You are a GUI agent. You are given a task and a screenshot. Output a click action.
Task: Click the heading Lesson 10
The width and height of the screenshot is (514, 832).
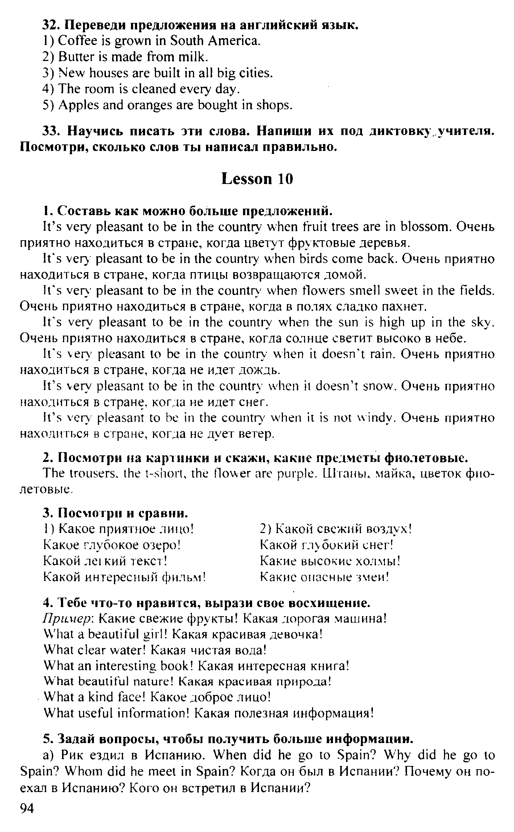(x=257, y=179)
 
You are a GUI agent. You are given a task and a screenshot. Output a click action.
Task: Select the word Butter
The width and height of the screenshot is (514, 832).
(x=71, y=57)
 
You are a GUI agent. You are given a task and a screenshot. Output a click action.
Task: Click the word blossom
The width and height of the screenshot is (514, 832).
(x=424, y=227)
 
